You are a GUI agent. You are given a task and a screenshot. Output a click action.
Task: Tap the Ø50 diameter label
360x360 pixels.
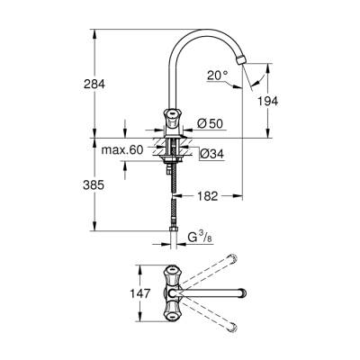click(212, 121)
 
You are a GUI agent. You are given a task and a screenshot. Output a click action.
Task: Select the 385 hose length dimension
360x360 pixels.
click(94, 184)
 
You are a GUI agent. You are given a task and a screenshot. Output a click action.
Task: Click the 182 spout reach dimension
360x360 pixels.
click(208, 193)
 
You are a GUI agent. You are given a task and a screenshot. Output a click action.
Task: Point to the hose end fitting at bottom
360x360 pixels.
click(173, 241)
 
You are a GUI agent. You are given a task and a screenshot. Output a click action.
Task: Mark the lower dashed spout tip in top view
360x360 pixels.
click(230, 325)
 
